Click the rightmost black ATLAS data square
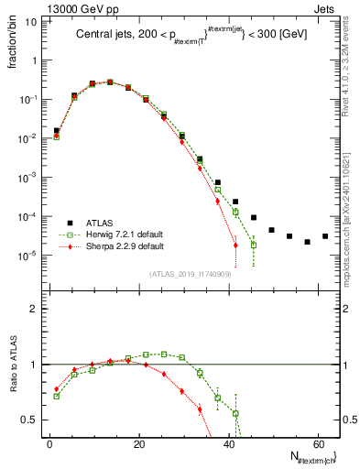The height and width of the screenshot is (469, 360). [325, 236]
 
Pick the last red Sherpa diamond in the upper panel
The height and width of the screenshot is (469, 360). [235, 245]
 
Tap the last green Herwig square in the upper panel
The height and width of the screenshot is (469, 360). [254, 245]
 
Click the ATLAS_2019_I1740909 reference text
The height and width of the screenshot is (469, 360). [189, 274]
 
